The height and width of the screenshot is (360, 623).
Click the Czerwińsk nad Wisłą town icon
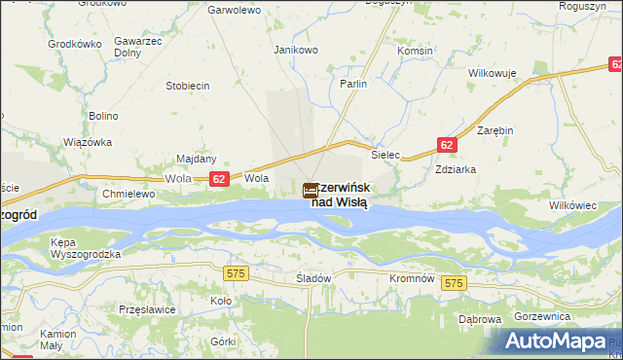(x=311, y=192)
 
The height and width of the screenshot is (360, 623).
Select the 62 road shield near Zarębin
(x=446, y=145)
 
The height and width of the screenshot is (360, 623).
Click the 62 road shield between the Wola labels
(x=219, y=179)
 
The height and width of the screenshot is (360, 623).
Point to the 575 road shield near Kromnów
(x=453, y=282)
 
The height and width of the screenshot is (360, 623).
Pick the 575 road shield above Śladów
(x=235, y=275)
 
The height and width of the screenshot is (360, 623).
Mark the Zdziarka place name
(x=456, y=167)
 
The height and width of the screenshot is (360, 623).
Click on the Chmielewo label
(x=128, y=194)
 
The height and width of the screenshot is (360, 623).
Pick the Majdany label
(x=196, y=159)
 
